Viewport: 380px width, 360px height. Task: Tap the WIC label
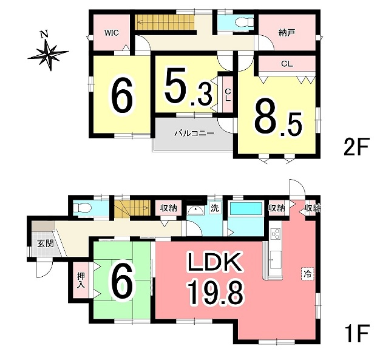point(112,33)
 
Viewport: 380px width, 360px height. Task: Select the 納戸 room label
point(287,33)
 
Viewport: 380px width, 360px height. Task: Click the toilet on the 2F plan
point(244,22)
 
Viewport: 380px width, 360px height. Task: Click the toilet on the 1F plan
point(83,208)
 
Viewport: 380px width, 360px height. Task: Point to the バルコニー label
point(194,134)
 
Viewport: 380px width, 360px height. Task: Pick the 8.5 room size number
point(278,121)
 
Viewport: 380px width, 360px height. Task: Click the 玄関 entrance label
point(45,243)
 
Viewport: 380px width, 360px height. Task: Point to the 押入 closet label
point(81,280)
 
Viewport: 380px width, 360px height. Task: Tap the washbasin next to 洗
point(197,211)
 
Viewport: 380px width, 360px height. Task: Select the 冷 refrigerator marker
point(308,274)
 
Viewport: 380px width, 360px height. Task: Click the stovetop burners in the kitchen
point(276,235)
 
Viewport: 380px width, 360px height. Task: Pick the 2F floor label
point(356,146)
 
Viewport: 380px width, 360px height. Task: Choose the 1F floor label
point(357,333)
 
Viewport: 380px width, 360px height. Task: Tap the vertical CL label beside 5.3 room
point(228,95)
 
